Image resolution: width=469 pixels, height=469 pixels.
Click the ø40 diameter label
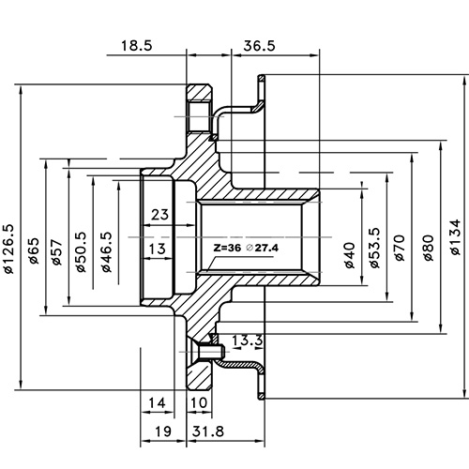[350, 253]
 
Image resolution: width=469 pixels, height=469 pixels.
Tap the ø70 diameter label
[399, 249]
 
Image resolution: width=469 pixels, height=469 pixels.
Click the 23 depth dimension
[159, 214]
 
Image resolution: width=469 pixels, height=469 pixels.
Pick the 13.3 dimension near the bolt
[246, 339]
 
